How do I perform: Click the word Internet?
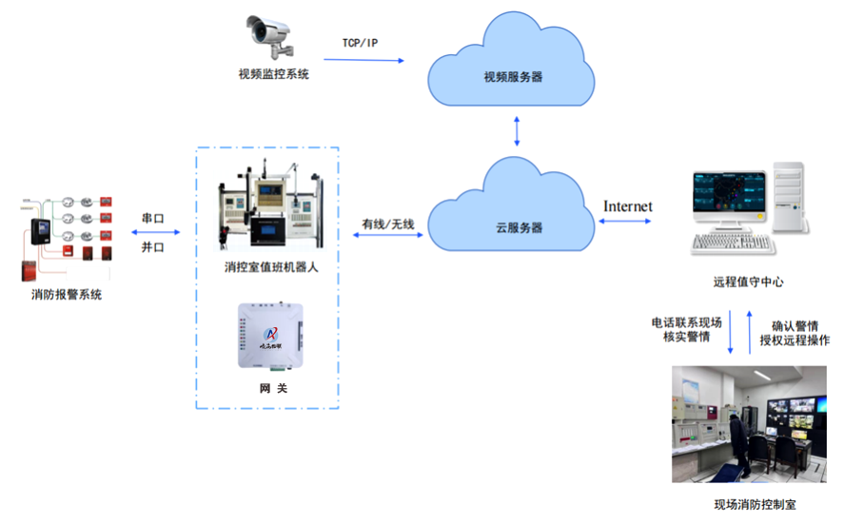click(x=628, y=205)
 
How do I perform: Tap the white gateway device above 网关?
click(x=271, y=335)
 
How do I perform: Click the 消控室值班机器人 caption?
click(x=271, y=268)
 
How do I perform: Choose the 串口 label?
click(x=153, y=219)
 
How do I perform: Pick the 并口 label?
click(x=153, y=246)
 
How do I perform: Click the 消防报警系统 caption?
click(x=66, y=295)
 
